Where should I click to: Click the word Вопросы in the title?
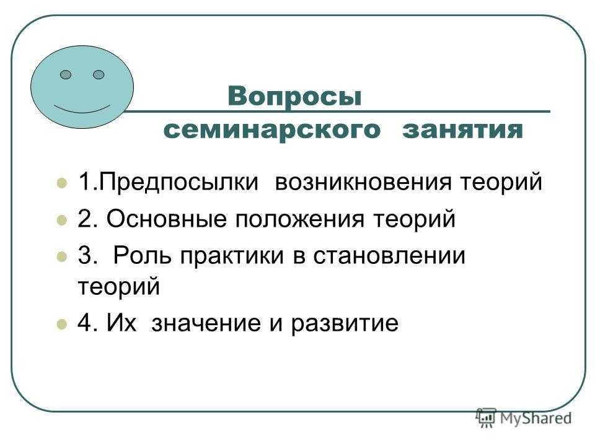point(295,97)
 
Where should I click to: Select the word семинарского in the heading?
point(271,129)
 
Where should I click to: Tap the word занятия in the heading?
point(463,129)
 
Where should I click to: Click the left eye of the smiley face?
point(66,75)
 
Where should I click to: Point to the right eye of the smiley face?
point(99,75)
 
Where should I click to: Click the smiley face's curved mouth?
point(82,111)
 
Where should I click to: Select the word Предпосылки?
point(178,182)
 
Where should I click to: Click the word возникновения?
point(364,182)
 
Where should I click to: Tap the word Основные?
point(167,219)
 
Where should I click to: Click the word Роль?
point(143,255)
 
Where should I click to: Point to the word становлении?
point(389,256)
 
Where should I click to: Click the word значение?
point(206,323)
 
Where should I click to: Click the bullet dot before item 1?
point(62,183)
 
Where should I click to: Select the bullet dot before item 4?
point(62,325)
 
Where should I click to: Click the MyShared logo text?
point(535,418)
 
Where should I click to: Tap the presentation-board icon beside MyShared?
point(486,418)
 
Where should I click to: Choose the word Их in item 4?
point(121,323)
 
